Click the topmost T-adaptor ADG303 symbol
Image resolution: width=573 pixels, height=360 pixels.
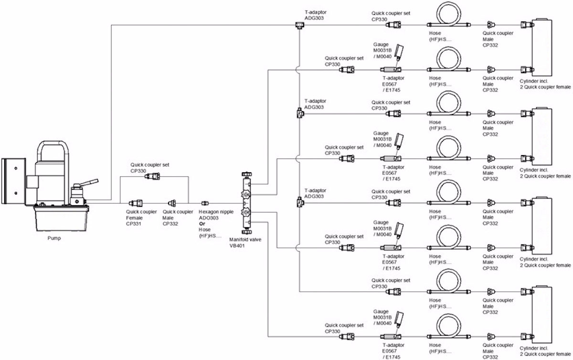[x=298, y=25]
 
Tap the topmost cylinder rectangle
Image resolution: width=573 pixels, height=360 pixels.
[x=541, y=46]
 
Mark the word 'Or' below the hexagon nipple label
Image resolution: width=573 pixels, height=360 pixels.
[x=202, y=223]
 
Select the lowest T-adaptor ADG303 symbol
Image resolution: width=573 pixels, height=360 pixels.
[x=298, y=202]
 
